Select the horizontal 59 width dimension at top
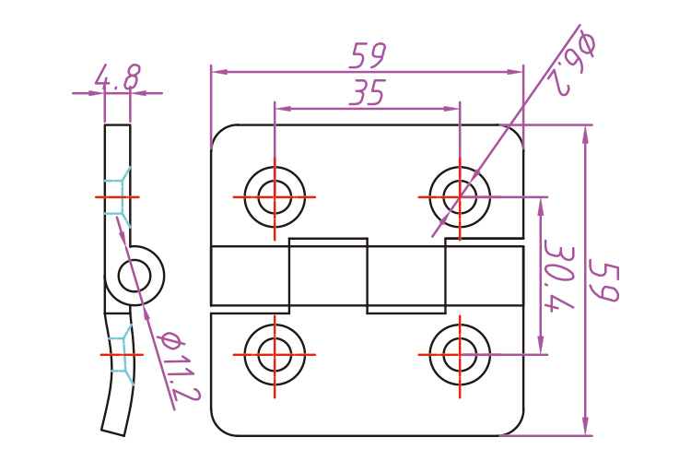[367, 57]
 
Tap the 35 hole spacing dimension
[367, 93]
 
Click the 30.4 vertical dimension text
[556, 277]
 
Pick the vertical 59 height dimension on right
[604, 281]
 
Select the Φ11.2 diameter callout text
[179, 365]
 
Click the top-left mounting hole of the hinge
[275, 196]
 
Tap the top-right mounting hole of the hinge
[459, 196]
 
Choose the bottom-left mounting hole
[275, 353]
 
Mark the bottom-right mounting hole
[459, 353]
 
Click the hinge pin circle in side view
[139, 275]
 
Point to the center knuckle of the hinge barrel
[328, 275]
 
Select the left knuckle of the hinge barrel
[251, 276]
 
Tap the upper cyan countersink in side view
[118, 196]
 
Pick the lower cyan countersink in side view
[120, 355]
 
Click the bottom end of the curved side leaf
[114, 428]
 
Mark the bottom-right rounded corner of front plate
[513, 425]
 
